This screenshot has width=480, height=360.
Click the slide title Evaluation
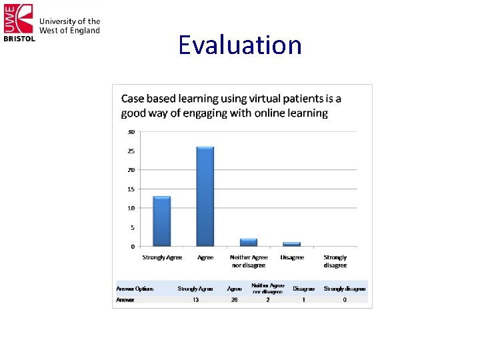pos(240,45)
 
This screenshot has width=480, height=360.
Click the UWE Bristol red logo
pos(18,21)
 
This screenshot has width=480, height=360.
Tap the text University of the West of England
pos(69,26)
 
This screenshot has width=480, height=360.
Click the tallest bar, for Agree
pos(205,197)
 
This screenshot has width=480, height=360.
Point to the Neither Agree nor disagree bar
pos(249,242)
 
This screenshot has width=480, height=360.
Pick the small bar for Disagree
pos(292,244)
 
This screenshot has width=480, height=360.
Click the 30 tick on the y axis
pos(131,131)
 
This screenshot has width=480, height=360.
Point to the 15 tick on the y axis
pos(131,189)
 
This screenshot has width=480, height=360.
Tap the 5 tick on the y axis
pos(132,227)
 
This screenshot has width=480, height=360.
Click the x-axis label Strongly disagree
pos(335,261)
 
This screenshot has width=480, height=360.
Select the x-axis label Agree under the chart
pos(205,257)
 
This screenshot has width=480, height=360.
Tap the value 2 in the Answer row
pos(267,300)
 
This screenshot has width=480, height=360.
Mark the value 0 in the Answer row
pos(345,300)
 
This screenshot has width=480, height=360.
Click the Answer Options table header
pos(135,289)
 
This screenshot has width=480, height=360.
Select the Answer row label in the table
pos(125,300)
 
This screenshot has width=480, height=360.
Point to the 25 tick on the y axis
pos(131,151)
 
